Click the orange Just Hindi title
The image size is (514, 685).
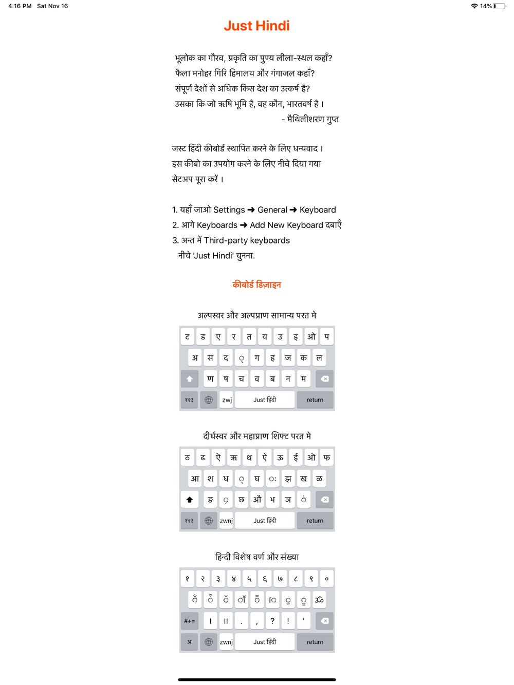click(256, 26)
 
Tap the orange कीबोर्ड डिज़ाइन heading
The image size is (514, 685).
click(256, 285)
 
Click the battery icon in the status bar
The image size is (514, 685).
click(499, 6)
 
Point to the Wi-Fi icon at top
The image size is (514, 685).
click(474, 6)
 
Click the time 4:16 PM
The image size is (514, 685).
click(20, 6)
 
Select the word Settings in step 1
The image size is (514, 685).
click(229, 210)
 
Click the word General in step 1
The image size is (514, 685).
click(272, 210)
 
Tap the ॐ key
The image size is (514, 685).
click(319, 600)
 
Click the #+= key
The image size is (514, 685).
click(189, 621)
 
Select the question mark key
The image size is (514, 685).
click(272, 621)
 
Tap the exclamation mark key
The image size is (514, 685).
click(288, 621)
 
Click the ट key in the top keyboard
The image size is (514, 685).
click(187, 337)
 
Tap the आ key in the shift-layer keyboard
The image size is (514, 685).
click(195, 479)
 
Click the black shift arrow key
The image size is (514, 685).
click(189, 500)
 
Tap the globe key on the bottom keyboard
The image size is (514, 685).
click(208, 642)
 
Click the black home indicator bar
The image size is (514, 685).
click(256, 679)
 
